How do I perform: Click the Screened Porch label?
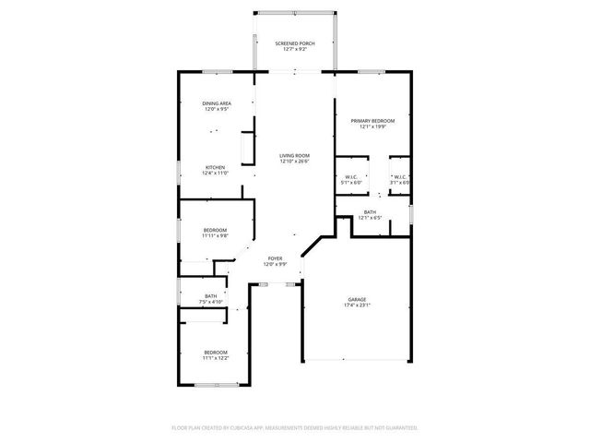click(x=294, y=43)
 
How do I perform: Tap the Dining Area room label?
click(x=216, y=103)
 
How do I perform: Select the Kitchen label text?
click(x=215, y=167)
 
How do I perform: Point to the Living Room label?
click(x=294, y=155)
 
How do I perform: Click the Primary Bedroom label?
click(x=372, y=121)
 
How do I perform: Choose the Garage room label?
click(x=357, y=299)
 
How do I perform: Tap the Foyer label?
click(x=275, y=258)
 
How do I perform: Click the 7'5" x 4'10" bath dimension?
click(x=211, y=302)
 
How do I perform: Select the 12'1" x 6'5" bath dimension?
click(x=370, y=219)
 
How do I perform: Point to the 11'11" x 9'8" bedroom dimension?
click(x=215, y=235)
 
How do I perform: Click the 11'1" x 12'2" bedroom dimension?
click(x=215, y=358)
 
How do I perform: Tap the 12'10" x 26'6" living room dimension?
click(x=294, y=162)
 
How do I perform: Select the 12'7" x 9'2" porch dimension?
click(x=294, y=50)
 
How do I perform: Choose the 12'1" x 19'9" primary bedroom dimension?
click(x=372, y=127)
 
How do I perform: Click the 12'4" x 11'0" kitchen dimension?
click(x=215, y=174)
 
